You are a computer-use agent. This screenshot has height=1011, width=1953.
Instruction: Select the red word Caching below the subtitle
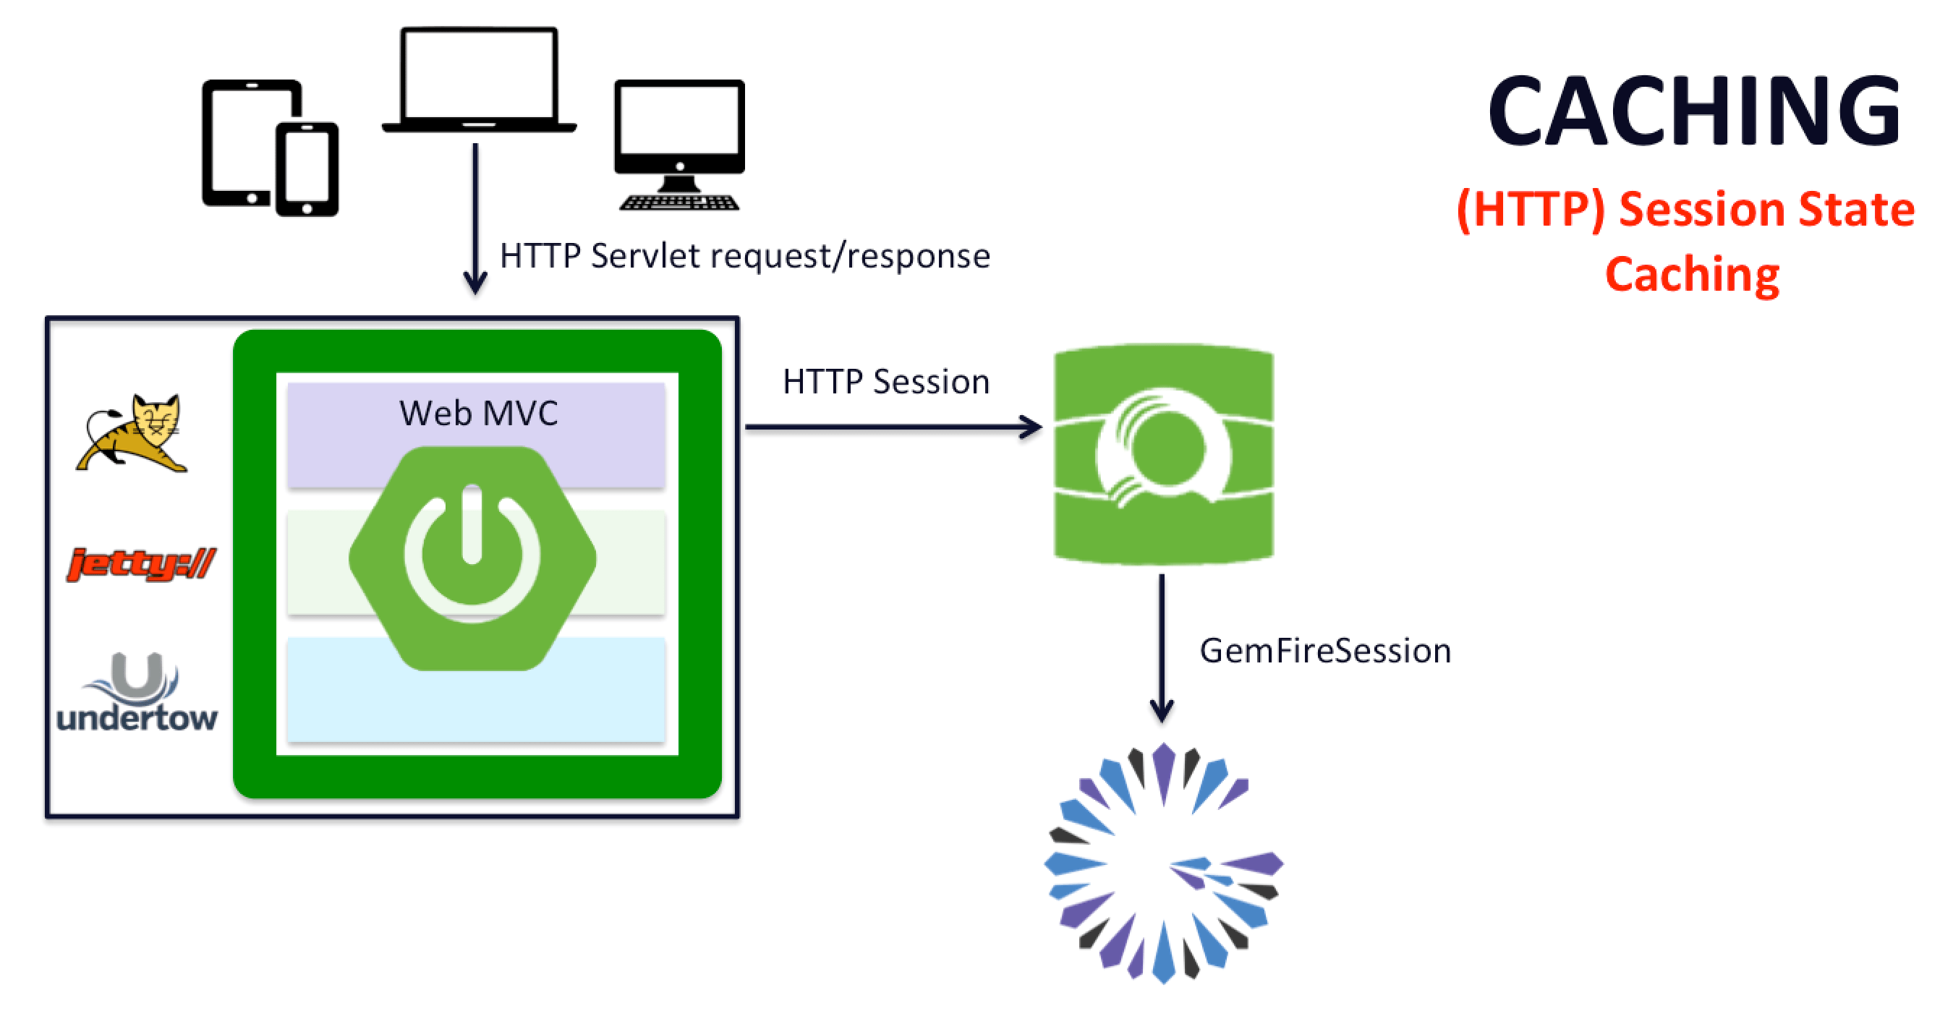pos(1692,274)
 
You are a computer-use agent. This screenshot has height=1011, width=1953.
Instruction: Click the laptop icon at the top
pos(479,79)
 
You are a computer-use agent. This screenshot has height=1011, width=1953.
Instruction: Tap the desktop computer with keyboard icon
pos(679,144)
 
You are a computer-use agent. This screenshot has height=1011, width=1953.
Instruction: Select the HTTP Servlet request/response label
pos(744,256)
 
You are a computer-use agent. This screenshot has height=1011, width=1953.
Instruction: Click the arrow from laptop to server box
pos(475,220)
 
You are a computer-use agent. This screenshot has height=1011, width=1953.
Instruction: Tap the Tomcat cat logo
pos(133,433)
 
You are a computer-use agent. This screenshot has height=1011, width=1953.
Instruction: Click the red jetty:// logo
pos(141,564)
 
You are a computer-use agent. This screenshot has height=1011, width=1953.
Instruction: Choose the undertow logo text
pos(137,717)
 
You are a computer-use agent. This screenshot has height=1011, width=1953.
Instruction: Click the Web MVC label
pos(478,413)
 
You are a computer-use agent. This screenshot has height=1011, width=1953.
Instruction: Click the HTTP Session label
pos(885,382)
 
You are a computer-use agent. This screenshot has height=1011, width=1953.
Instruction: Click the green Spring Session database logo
pos(1164,455)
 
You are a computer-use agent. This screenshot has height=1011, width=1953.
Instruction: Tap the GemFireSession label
pos(1324,651)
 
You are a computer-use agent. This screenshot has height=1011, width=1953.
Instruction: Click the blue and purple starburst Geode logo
pos(1164,864)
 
